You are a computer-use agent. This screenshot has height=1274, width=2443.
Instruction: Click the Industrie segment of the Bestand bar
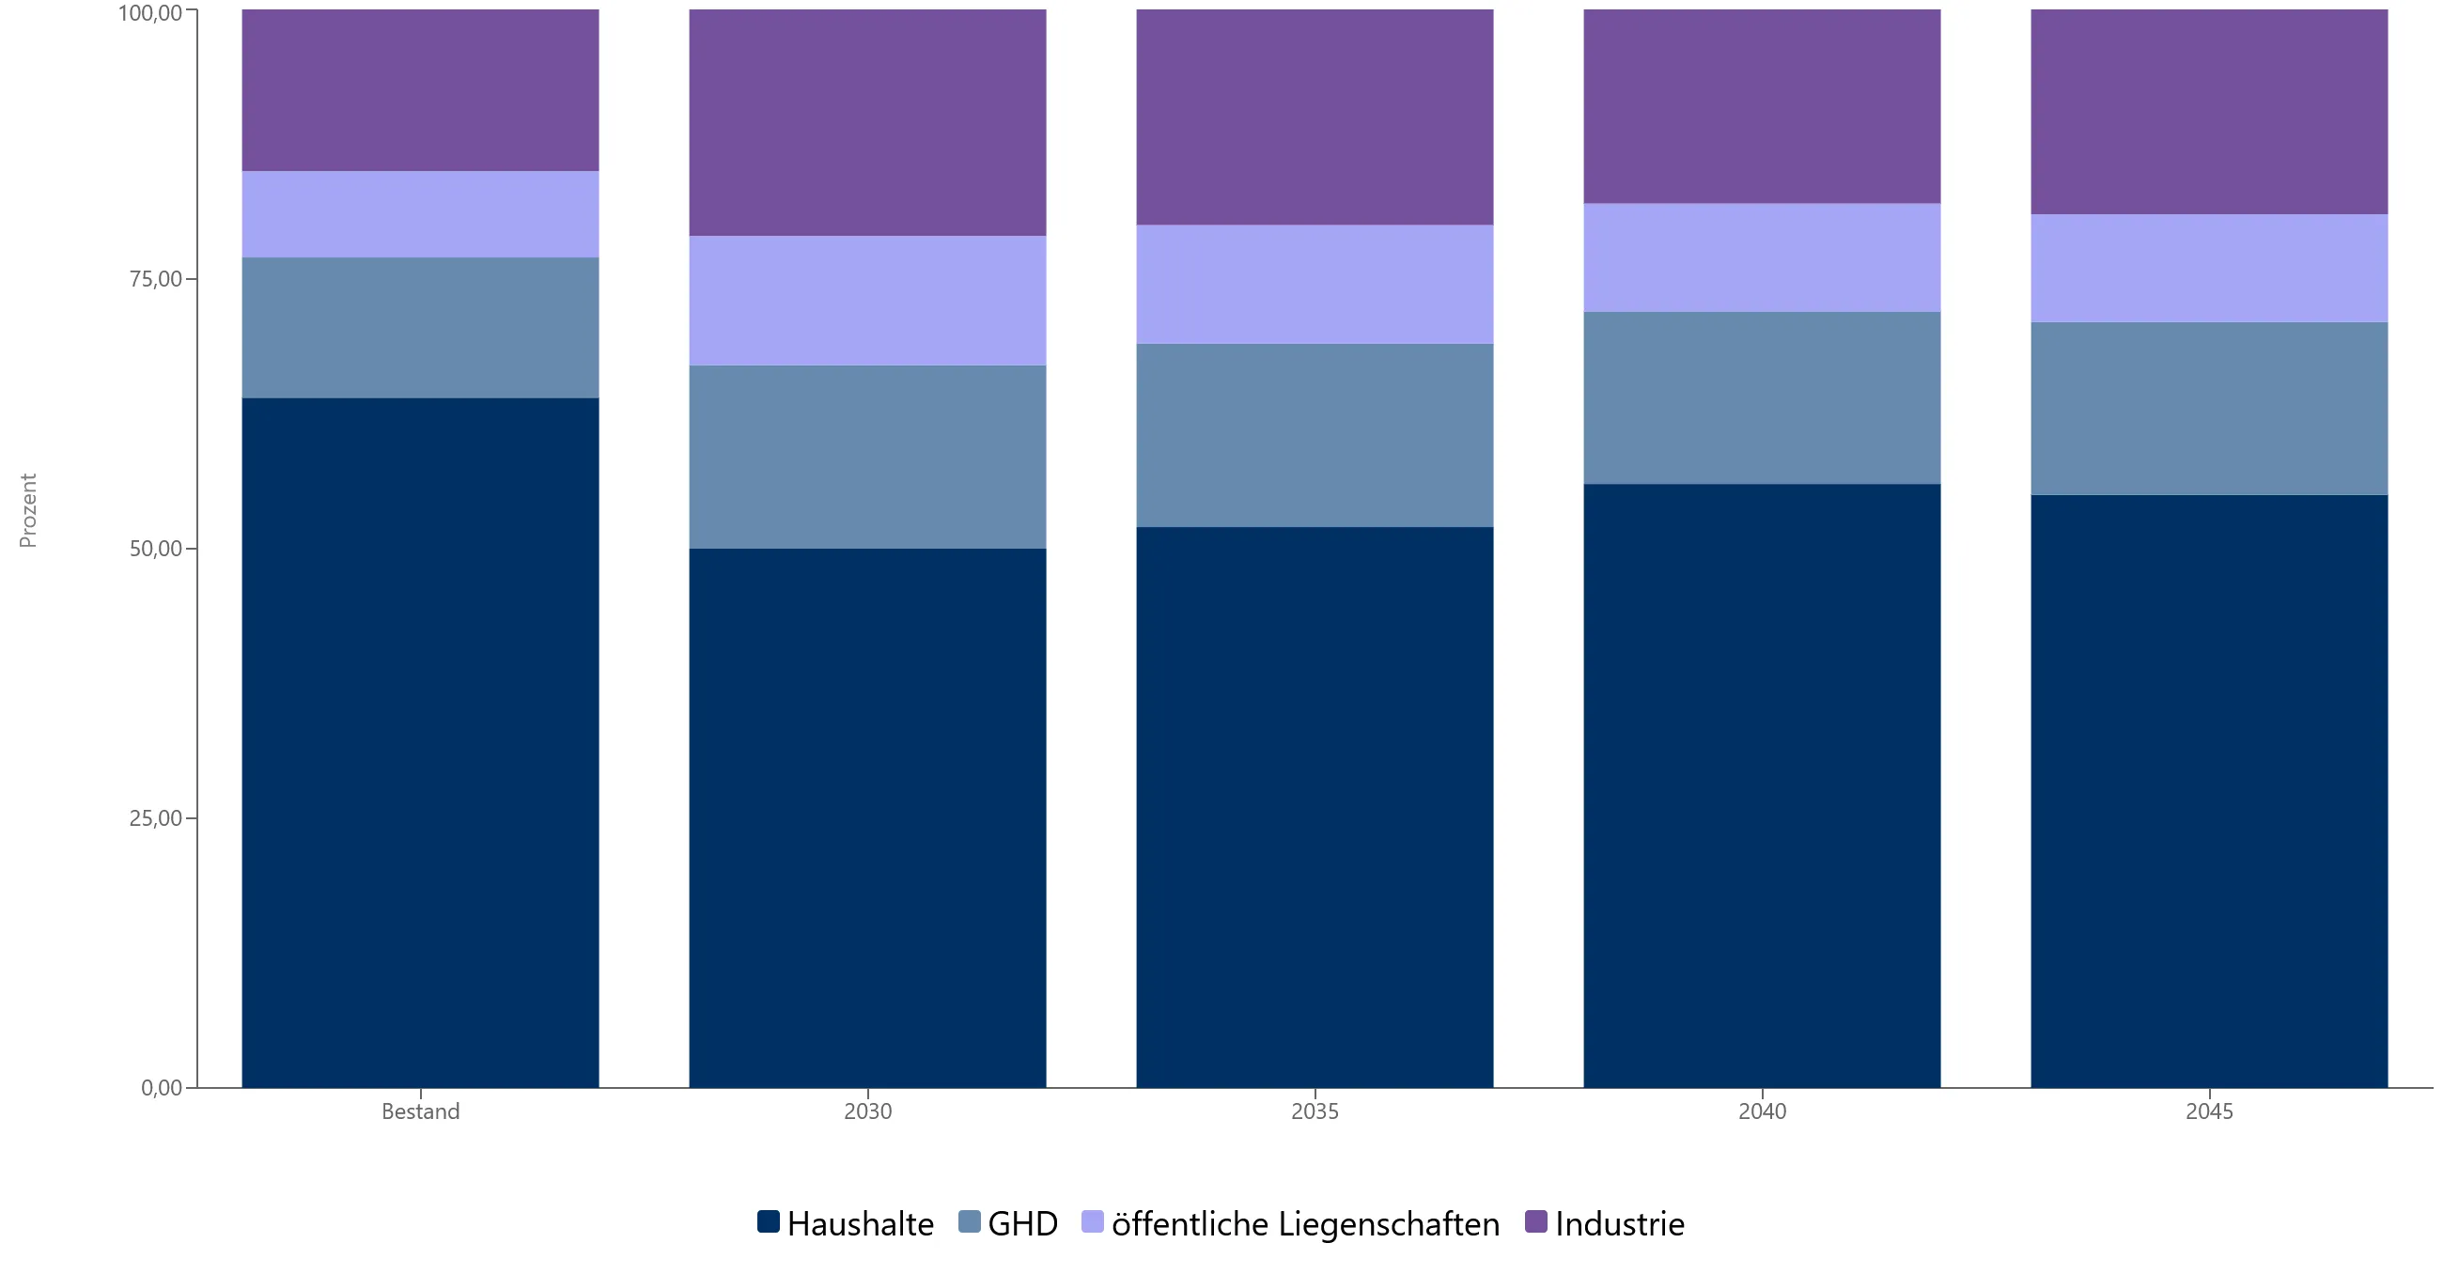point(420,90)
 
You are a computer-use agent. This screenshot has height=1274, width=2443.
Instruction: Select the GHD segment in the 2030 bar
point(868,458)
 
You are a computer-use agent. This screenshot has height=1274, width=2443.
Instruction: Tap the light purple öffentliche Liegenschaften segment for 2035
point(1315,285)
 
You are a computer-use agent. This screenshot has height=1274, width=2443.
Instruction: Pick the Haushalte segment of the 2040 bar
point(1762,785)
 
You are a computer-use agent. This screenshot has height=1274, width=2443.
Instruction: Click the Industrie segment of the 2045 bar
point(2210,112)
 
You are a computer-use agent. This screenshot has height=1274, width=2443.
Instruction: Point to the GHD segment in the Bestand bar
point(420,328)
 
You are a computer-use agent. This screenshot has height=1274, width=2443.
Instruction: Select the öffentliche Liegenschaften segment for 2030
point(868,301)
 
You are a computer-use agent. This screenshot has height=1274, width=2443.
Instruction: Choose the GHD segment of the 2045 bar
point(2210,409)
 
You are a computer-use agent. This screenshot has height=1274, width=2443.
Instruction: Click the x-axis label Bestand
point(420,1111)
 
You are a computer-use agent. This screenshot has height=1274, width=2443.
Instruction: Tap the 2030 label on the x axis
point(868,1111)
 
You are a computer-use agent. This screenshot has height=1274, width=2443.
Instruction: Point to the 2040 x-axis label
point(1762,1111)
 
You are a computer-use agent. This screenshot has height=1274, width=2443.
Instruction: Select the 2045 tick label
point(2210,1111)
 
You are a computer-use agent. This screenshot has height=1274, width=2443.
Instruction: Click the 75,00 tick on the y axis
point(156,279)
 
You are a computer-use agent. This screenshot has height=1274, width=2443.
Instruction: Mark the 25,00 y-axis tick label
point(156,817)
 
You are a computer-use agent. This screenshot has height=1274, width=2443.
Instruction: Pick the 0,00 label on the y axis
point(162,1087)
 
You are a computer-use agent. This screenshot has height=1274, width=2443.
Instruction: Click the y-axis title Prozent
point(27,510)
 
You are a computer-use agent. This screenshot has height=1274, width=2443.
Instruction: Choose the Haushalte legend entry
point(846,1223)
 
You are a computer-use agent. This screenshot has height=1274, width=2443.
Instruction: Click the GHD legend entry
point(1008,1223)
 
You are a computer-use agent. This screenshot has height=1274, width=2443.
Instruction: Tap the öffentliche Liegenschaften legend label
point(1306,1223)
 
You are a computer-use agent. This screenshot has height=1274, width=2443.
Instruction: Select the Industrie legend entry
point(1605,1223)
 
